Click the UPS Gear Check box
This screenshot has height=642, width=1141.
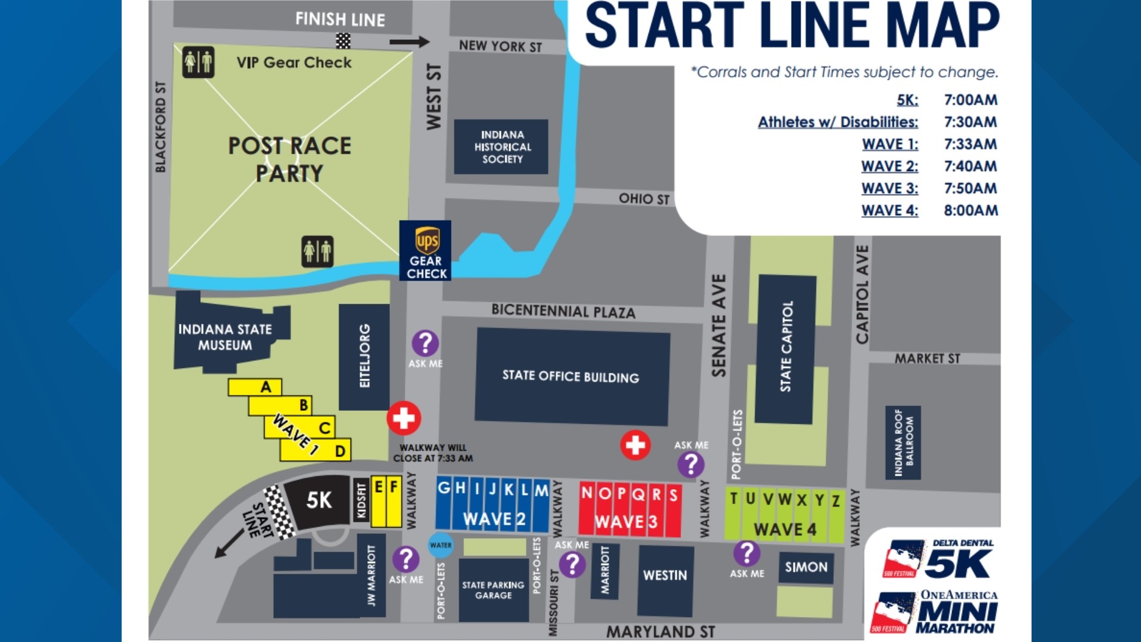(x=425, y=251)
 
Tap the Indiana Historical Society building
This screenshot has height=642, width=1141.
(x=501, y=147)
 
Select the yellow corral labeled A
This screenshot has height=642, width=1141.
(x=256, y=387)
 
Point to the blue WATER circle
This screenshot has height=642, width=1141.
(x=440, y=545)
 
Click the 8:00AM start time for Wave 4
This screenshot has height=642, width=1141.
(x=970, y=210)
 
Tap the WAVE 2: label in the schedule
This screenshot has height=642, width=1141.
(x=890, y=166)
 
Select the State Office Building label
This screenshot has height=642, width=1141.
(x=570, y=376)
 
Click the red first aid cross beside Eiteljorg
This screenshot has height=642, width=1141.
(x=404, y=418)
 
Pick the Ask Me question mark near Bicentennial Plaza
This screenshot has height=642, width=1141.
(x=425, y=343)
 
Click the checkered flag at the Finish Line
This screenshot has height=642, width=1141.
(x=343, y=41)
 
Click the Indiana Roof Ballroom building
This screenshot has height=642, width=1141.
(x=903, y=442)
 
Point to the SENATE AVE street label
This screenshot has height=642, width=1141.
(x=719, y=325)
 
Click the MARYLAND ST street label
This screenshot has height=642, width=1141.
(x=660, y=632)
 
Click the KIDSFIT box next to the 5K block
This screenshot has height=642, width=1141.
(x=361, y=501)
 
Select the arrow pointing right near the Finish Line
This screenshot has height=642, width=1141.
(x=409, y=42)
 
